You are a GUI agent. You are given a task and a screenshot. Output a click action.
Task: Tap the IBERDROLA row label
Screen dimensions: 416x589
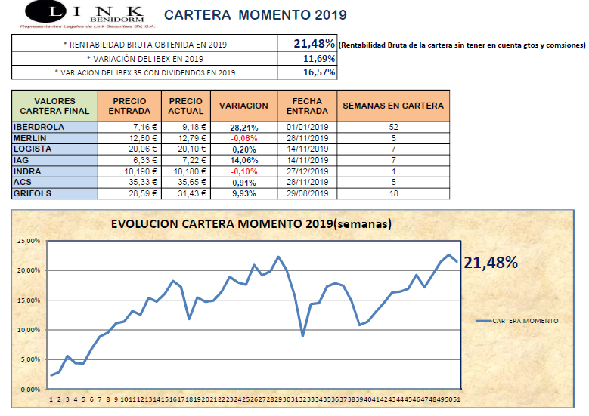(x=39, y=127)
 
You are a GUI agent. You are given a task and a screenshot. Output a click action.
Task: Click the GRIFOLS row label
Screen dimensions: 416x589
(x=33, y=193)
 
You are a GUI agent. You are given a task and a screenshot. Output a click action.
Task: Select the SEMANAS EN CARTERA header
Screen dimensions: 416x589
(x=393, y=106)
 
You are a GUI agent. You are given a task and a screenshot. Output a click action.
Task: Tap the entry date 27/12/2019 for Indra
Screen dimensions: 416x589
(x=308, y=171)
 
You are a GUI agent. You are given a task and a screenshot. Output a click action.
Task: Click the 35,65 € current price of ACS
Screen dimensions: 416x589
(x=186, y=182)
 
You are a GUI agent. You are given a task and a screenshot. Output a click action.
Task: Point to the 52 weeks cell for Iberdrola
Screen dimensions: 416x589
(x=393, y=127)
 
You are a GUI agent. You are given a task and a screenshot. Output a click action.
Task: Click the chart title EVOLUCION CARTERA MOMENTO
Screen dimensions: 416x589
(x=250, y=224)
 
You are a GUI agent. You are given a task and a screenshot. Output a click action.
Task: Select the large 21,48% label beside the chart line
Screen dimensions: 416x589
(x=491, y=262)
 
